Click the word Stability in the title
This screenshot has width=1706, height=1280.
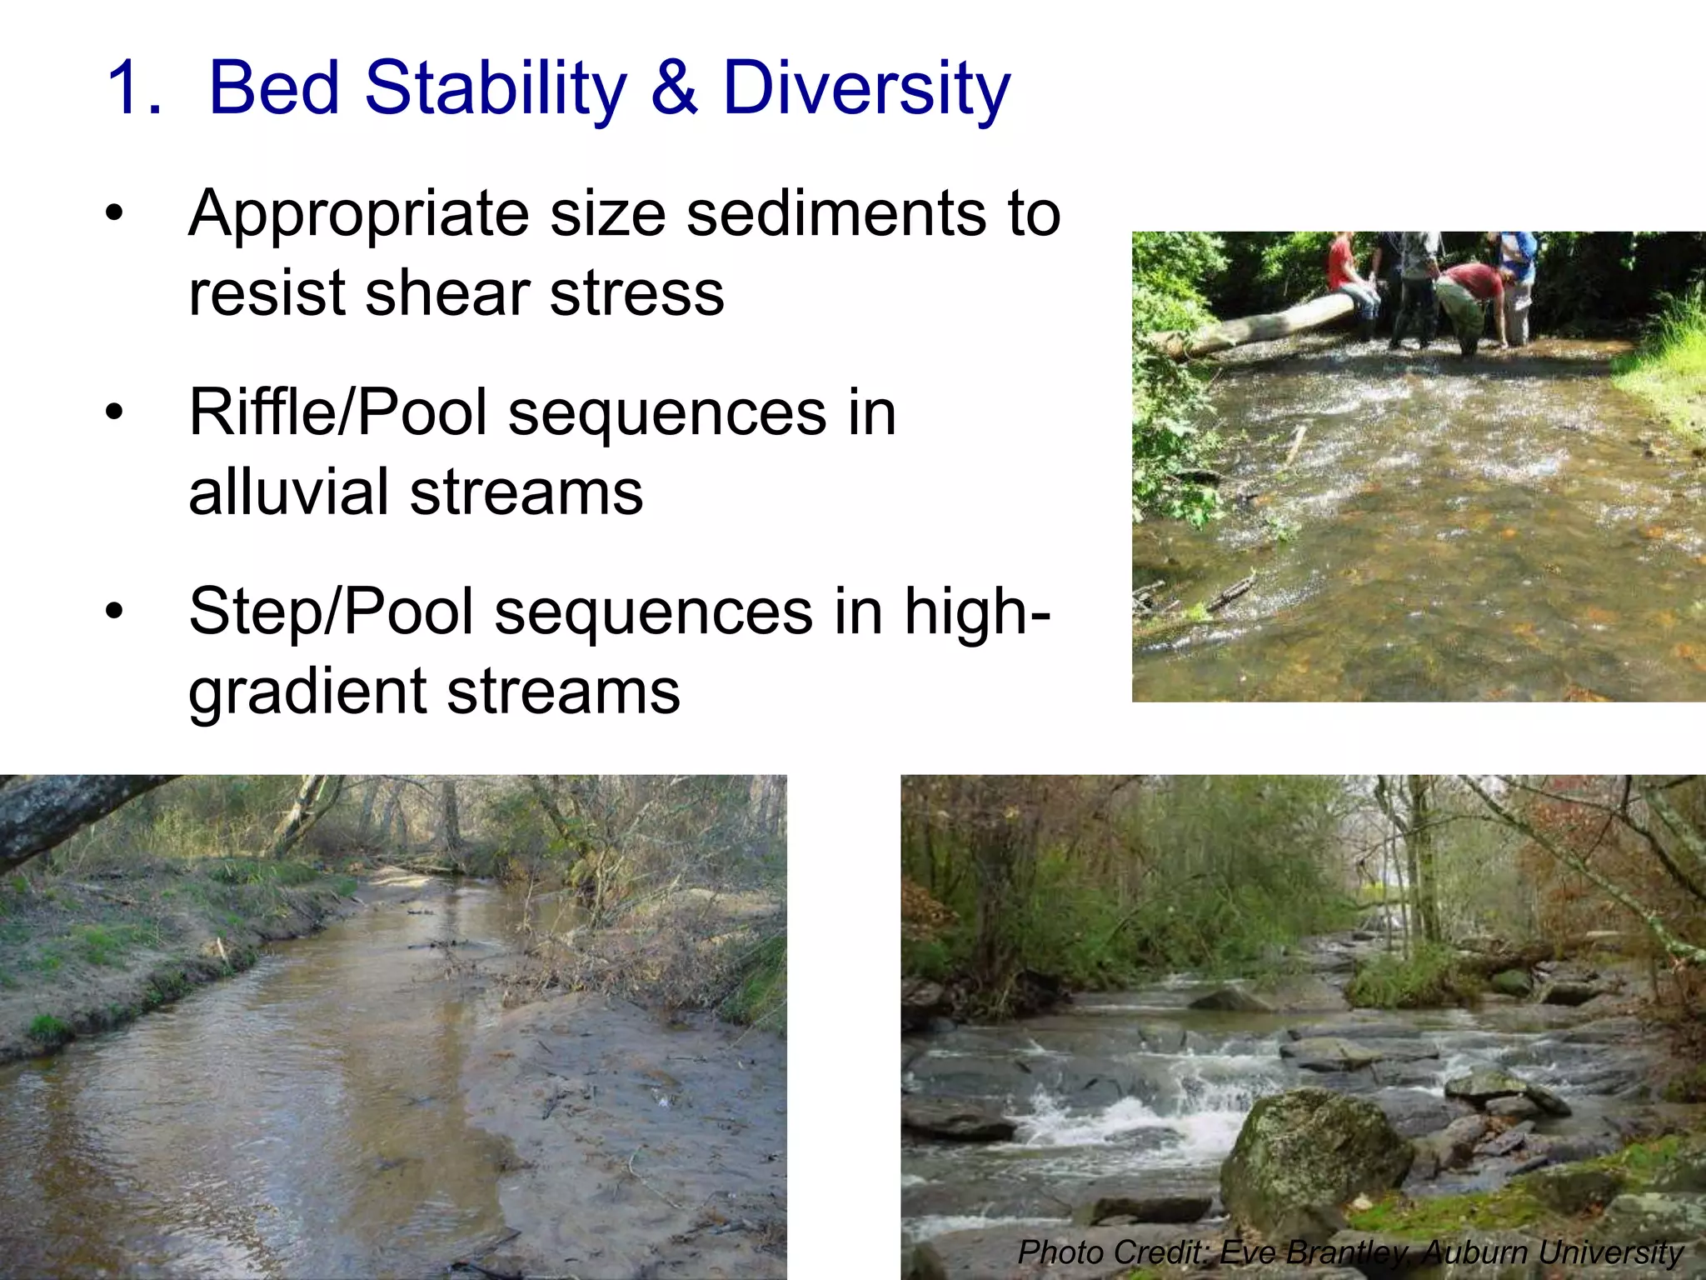point(495,88)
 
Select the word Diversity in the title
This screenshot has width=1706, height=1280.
point(866,88)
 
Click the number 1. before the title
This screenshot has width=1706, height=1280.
point(133,88)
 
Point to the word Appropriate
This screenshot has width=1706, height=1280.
point(358,215)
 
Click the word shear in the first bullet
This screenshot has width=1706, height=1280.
point(446,293)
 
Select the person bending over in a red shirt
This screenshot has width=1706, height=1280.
point(1470,296)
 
